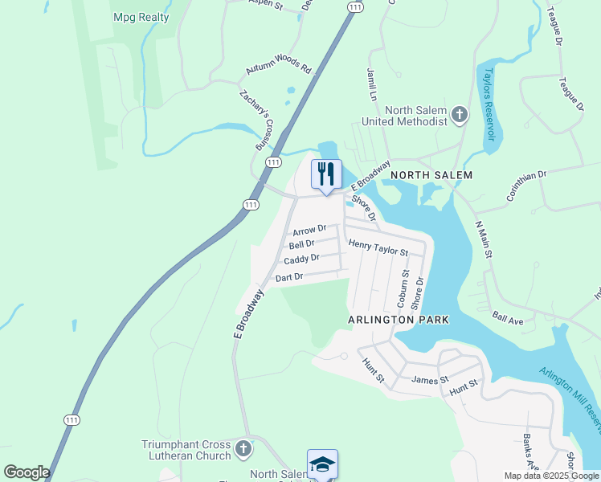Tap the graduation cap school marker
(322, 464)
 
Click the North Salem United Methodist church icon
(460, 115)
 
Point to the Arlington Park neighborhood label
(398, 320)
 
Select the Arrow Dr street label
(309, 231)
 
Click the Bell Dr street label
(301, 243)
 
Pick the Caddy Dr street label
(301, 259)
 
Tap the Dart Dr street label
(288, 277)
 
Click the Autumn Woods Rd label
(278, 67)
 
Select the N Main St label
(482, 239)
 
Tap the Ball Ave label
(508, 319)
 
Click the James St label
(429, 380)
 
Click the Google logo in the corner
(27, 472)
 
